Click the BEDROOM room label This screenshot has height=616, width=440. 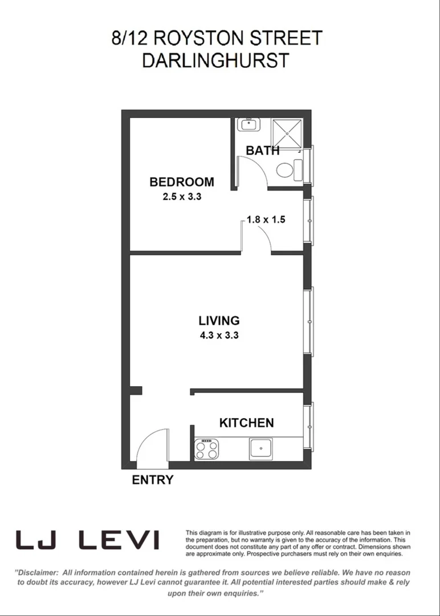(182, 182)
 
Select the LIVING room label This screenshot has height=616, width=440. (219, 321)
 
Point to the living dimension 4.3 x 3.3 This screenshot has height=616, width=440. (219, 335)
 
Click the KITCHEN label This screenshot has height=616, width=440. (247, 423)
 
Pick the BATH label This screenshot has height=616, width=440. (263, 151)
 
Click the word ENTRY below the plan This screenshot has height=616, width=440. (152, 480)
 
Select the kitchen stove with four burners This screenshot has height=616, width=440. (207, 449)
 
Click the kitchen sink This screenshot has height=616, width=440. (262, 448)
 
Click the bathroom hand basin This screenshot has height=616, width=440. (248, 124)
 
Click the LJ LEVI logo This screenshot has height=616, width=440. (87, 540)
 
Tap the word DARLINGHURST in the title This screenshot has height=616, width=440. (215, 60)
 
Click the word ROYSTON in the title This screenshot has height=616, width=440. (194, 38)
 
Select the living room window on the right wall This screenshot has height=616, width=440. (309, 322)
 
